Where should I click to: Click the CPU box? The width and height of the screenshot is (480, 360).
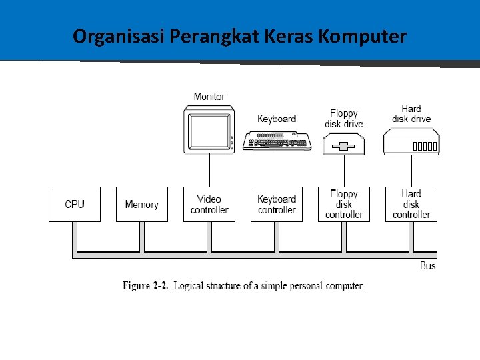pos(75,204)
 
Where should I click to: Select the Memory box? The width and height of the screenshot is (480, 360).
pos(142,204)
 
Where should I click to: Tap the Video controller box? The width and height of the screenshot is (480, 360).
pos(209,204)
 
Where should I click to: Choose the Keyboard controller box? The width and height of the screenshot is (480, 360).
pos(277,204)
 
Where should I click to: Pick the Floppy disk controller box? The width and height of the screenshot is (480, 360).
pos(344,204)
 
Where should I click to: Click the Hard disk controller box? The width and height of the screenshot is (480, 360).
pos(411,204)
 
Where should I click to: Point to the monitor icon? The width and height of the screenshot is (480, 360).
pos(209,127)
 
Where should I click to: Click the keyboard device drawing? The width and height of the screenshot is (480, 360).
pos(277,140)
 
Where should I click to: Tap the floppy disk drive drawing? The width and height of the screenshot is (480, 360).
pos(344,145)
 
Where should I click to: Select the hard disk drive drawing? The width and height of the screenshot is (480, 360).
pos(411,143)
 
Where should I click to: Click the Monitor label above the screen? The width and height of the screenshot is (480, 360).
pos(209,97)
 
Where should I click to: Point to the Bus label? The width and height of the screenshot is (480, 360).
pos(428,266)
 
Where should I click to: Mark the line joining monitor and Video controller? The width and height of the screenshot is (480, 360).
pos(209,169)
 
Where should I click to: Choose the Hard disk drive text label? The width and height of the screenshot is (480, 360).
pos(411,113)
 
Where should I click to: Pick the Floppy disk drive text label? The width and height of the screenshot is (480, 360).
pos(344,119)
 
